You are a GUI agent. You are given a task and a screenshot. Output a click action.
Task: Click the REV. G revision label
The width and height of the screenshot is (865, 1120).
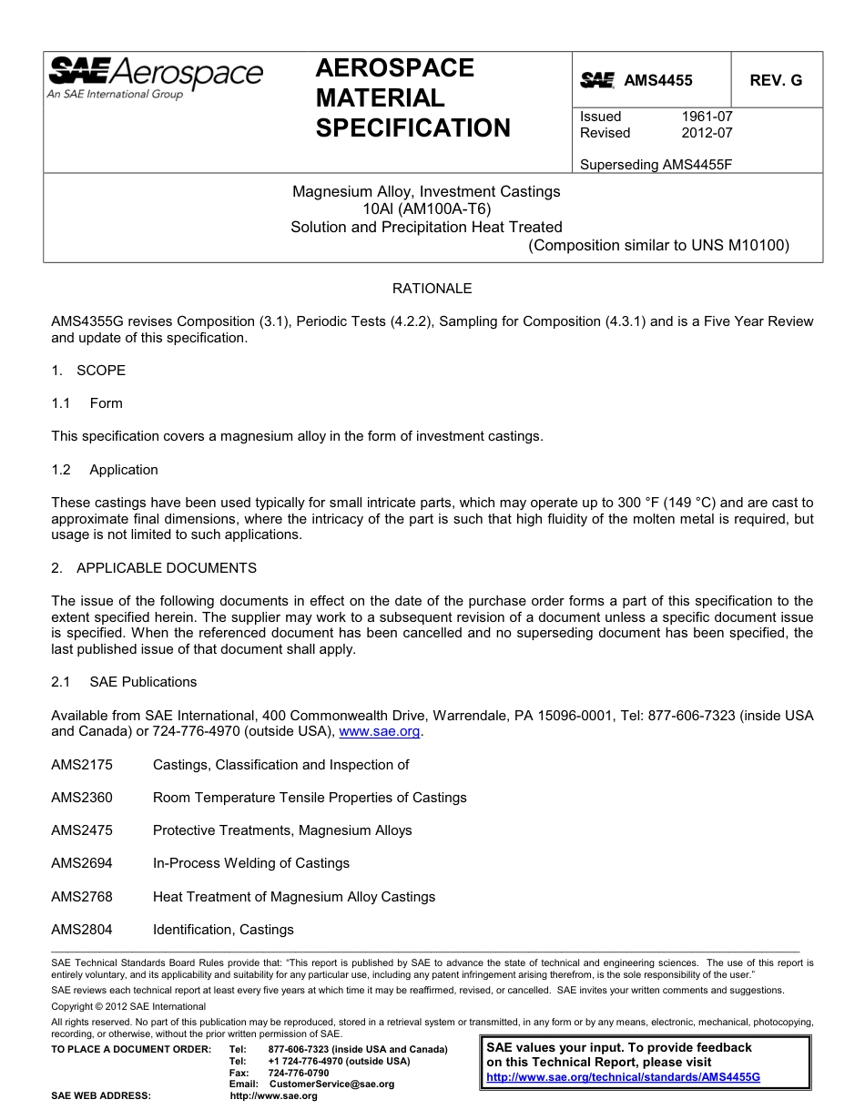(776, 80)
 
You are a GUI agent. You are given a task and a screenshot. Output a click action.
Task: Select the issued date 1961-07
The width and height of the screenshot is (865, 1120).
(707, 117)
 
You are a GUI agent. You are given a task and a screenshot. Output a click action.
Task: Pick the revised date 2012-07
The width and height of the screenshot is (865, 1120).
(707, 133)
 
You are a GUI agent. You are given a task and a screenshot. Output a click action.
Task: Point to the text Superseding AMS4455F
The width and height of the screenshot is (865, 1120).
(656, 165)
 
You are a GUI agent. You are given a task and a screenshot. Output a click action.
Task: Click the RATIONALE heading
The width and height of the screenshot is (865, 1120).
(432, 289)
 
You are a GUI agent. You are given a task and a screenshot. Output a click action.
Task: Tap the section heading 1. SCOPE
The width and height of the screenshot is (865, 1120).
(88, 371)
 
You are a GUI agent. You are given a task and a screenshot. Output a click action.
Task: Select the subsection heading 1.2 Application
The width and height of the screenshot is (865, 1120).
(105, 470)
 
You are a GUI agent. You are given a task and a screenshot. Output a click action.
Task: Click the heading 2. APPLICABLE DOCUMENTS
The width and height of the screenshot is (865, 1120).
(154, 568)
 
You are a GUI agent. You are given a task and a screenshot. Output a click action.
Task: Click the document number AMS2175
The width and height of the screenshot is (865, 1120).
(82, 765)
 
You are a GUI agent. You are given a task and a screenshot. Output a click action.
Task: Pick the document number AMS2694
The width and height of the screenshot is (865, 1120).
(82, 863)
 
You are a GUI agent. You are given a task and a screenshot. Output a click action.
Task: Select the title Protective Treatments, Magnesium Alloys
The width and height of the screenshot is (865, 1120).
(282, 830)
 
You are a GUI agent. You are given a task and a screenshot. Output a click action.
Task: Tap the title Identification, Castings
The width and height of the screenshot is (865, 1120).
(223, 930)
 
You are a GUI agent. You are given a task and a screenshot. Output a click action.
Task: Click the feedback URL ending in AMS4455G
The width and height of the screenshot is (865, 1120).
(623, 1076)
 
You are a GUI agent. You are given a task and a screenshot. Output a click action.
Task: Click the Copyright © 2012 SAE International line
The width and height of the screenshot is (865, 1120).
(128, 1006)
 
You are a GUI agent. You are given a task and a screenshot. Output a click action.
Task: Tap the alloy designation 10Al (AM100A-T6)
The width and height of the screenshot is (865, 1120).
(426, 209)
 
